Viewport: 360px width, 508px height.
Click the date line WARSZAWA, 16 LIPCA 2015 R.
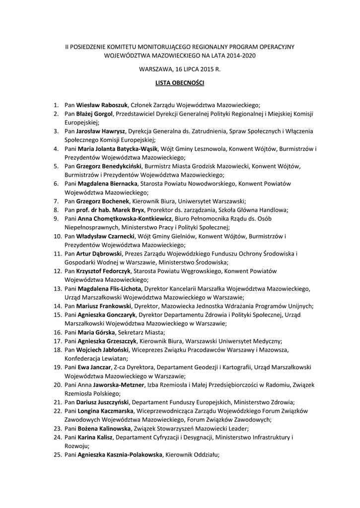point(180,70)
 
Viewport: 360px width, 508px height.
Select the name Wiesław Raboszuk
point(102,105)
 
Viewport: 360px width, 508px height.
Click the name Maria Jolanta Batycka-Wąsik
point(118,149)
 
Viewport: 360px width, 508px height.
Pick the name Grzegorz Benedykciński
point(109,166)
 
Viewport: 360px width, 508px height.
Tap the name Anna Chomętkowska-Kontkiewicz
point(125,218)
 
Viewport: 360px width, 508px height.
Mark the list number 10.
point(57,236)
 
